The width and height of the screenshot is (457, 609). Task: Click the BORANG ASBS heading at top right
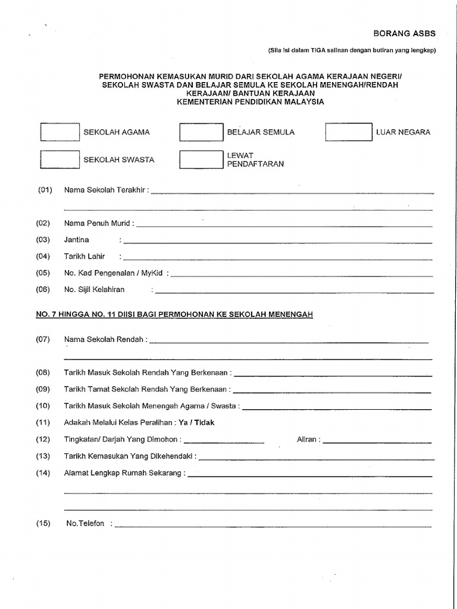[x=404, y=34]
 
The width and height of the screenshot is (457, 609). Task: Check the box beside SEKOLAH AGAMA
[x=60, y=132]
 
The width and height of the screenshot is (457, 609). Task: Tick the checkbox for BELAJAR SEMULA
[x=201, y=132]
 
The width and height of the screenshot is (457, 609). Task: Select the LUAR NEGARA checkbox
[x=348, y=132]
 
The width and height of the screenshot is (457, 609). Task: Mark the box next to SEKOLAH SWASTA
[x=60, y=159]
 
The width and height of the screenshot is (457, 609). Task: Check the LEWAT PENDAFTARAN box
[x=201, y=159]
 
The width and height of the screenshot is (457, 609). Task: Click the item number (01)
[x=45, y=190]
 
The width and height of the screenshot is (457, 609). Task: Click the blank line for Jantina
[x=277, y=242]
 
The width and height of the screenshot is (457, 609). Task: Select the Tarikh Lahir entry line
[x=277, y=259]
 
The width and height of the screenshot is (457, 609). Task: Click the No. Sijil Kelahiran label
[x=95, y=290]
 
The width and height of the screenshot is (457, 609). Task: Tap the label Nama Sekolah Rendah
[x=104, y=339]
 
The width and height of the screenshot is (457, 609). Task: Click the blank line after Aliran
[x=377, y=442]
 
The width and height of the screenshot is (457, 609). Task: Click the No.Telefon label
[x=85, y=523]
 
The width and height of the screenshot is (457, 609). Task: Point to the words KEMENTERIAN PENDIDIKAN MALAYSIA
[x=251, y=102]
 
